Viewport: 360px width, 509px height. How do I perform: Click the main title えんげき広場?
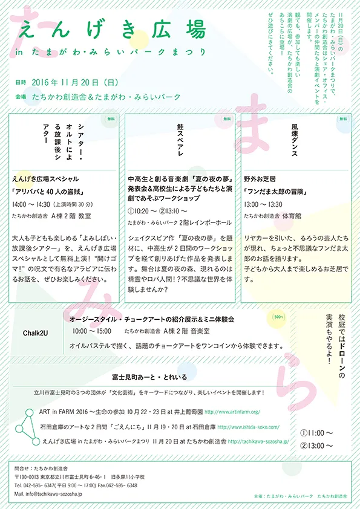(112, 29)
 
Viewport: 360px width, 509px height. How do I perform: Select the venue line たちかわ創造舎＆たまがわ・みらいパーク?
(106, 97)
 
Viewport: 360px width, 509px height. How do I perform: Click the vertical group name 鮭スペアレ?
(180, 141)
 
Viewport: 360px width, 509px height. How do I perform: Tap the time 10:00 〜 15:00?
(91, 331)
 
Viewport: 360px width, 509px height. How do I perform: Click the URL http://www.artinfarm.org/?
(234, 412)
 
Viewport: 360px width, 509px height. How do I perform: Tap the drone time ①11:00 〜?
(316, 433)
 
